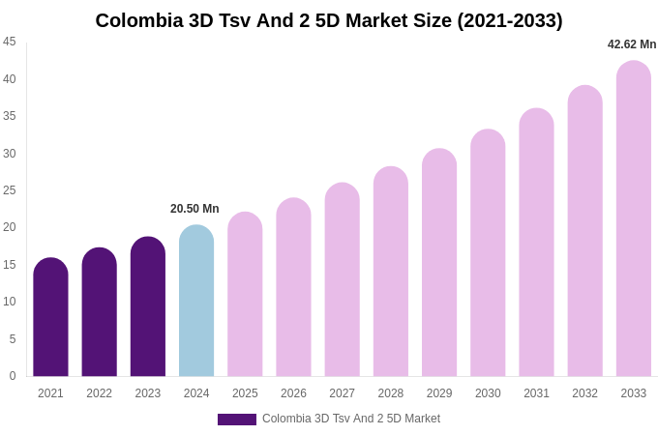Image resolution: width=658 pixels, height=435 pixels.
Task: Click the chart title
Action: click(x=329, y=20)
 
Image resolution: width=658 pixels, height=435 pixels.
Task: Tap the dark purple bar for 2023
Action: click(x=148, y=306)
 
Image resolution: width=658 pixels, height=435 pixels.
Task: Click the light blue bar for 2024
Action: click(x=196, y=301)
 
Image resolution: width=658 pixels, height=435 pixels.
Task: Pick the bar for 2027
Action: click(x=343, y=279)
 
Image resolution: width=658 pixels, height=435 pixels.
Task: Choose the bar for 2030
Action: click(x=488, y=253)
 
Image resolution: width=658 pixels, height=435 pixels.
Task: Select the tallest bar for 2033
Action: click(x=634, y=218)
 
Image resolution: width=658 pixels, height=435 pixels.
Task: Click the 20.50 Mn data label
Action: click(x=194, y=209)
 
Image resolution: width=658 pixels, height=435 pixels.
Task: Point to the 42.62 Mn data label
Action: click(x=632, y=44)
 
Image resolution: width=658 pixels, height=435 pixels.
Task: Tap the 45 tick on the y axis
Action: click(x=10, y=42)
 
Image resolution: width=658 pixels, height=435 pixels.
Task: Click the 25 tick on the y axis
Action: click(x=10, y=190)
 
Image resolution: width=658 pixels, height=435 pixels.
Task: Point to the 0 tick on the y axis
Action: click(x=13, y=376)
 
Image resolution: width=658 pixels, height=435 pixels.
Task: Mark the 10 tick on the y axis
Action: click(x=10, y=302)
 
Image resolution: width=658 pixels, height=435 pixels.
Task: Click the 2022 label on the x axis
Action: click(x=99, y=393)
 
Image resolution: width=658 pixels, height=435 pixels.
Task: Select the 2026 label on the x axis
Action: click(x=293, y=393)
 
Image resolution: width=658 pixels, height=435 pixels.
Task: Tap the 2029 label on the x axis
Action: click(x=439, y=393)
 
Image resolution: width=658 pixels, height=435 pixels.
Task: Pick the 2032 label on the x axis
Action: click(x=584, y=393)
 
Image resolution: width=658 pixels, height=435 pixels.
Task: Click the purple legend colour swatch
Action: click(x=237, y=420)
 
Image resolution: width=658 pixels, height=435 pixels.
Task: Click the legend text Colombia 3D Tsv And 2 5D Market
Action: click(x=351, y=419)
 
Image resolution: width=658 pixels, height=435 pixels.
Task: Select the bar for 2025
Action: click(x=245, y=294)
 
